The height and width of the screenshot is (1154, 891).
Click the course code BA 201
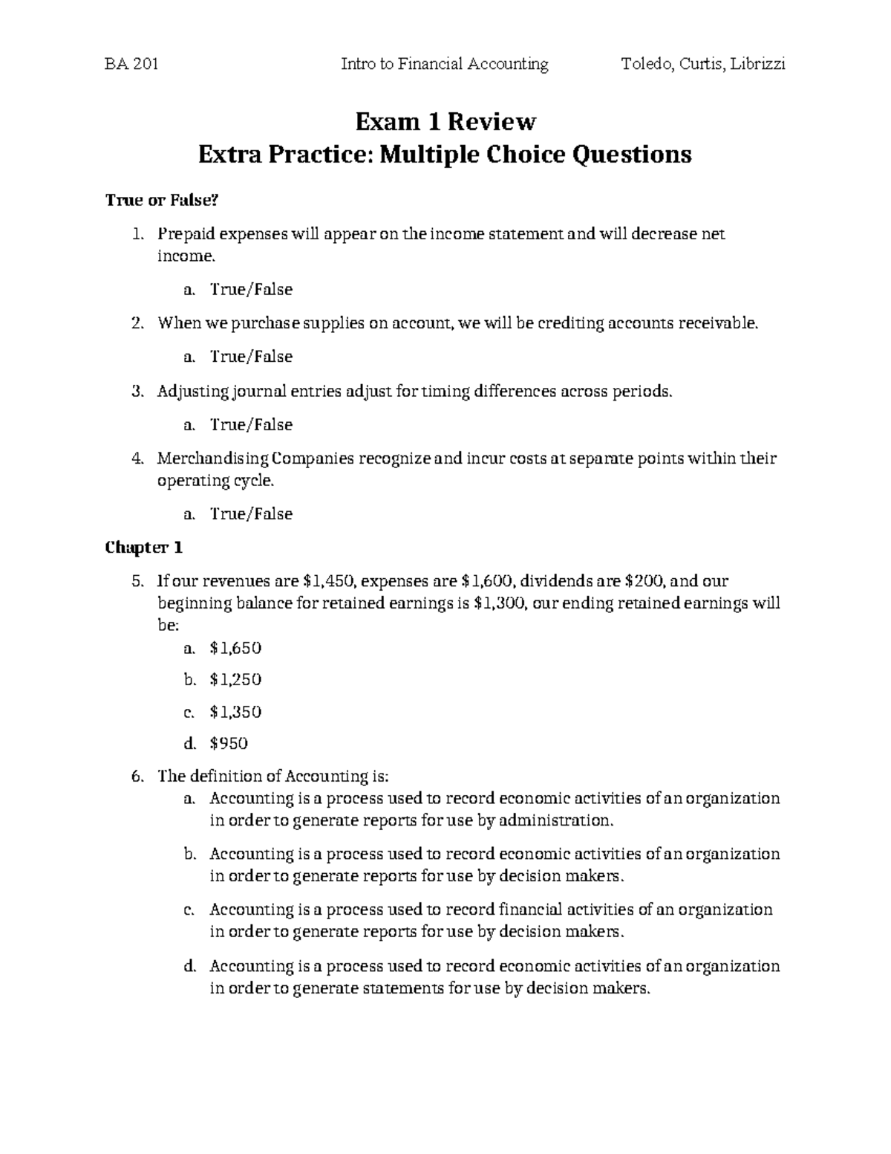point(132,65)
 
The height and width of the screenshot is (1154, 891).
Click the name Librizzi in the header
point(757,65)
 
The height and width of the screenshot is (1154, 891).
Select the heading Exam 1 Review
point(445,120)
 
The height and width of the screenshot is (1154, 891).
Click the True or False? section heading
point(163,200)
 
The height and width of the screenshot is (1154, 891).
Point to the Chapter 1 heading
point(143,548)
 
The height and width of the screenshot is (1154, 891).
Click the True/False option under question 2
point(251,357)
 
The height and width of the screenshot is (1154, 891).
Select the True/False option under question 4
point(251,514)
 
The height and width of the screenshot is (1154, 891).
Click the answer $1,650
point(235,648)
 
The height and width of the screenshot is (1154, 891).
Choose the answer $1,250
point(235,679)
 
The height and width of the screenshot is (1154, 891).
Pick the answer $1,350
point(235,712)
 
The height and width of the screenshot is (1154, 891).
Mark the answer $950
point(229,743)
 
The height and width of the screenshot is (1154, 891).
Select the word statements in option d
point(403,988)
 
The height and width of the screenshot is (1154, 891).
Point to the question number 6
point(135,777)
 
